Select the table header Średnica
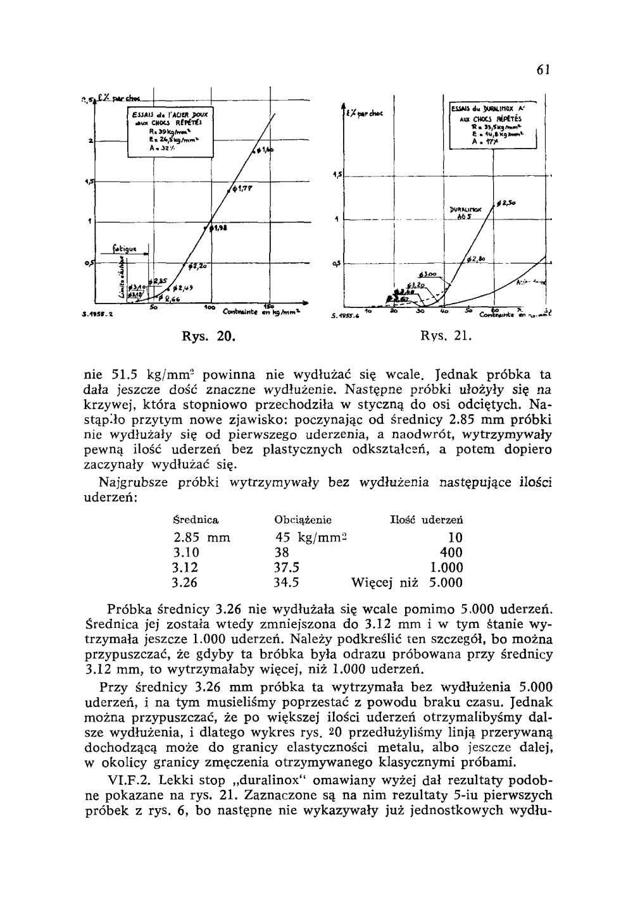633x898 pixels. click(x=196, y=520)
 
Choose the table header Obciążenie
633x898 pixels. click(x=303, y=520)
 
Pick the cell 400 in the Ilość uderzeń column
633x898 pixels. click(x=452, y=553)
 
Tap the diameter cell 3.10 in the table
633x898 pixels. click(x=185, y=553)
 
